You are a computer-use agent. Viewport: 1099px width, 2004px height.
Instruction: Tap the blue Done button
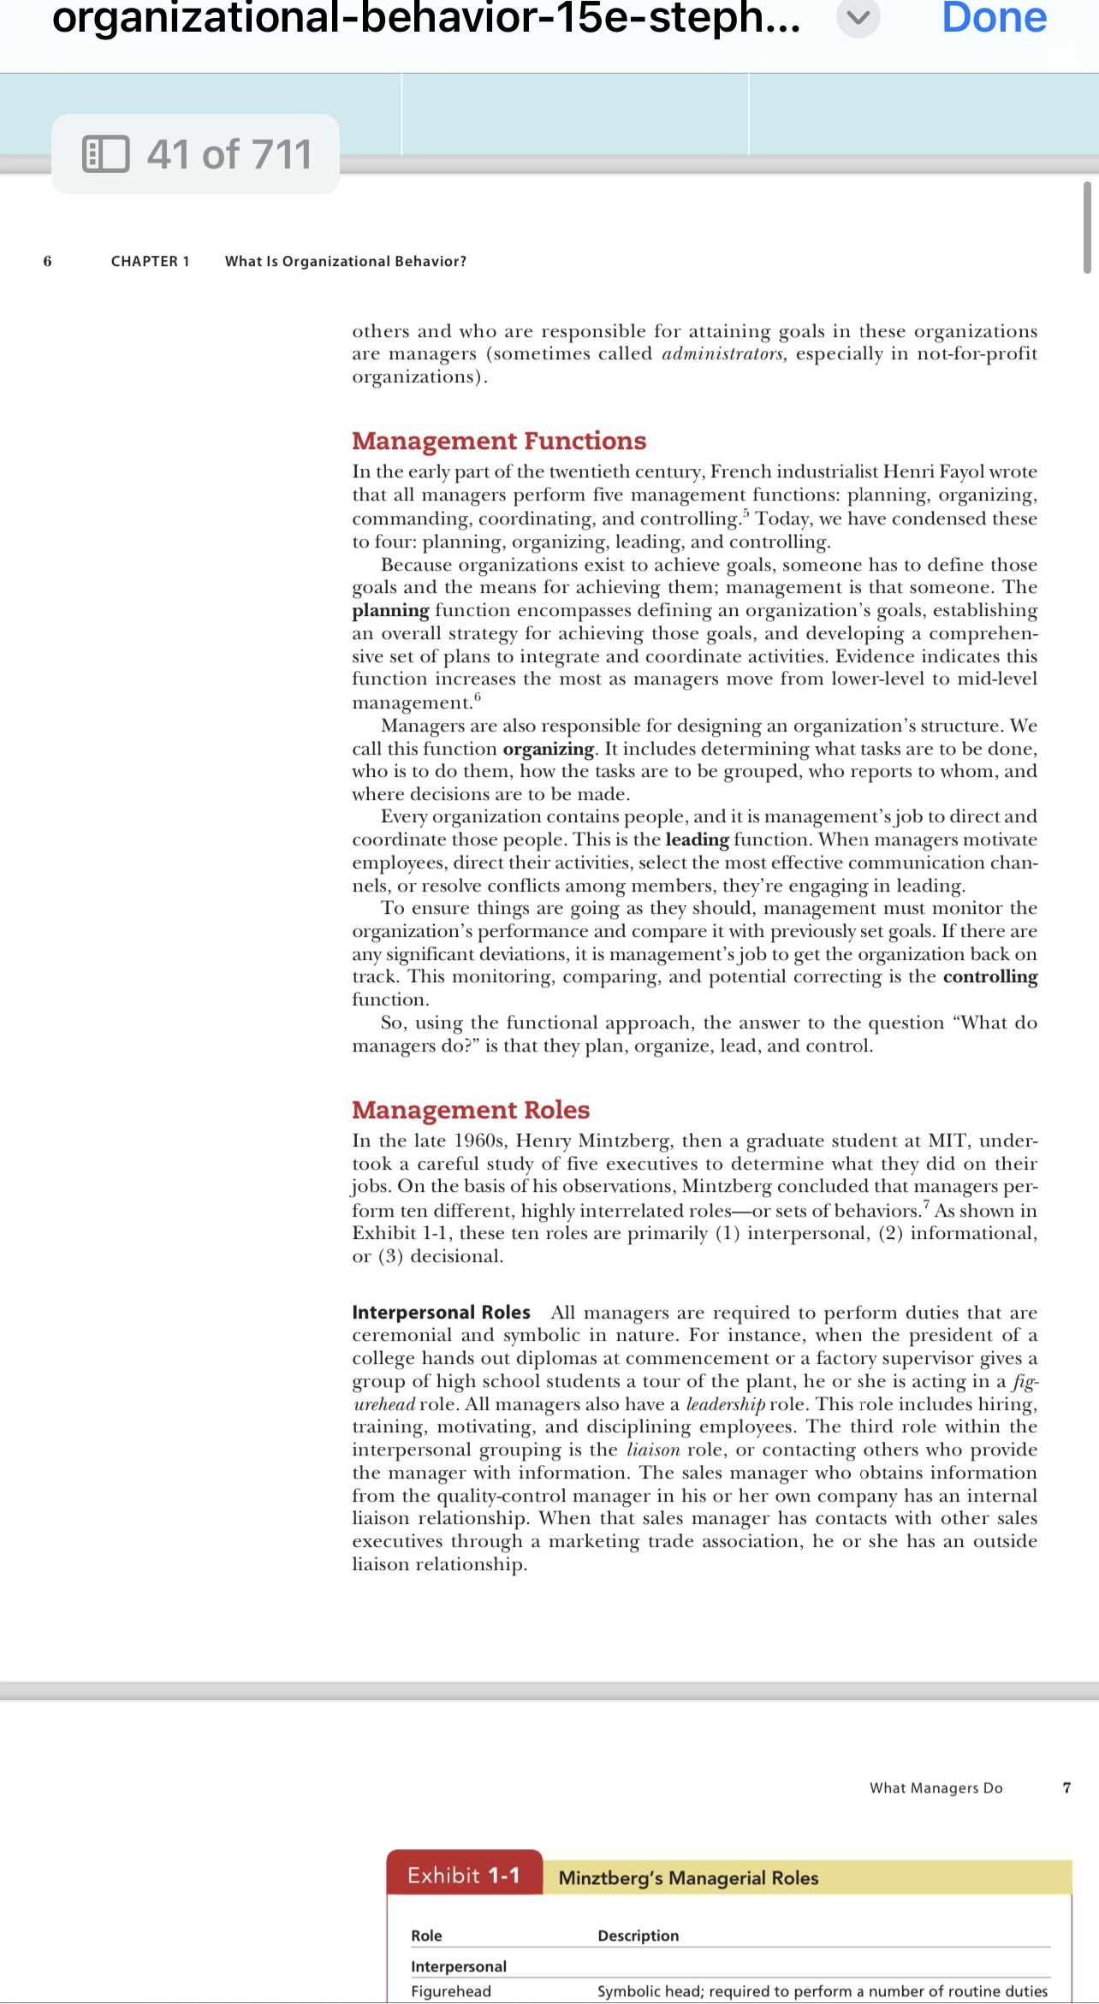click(994, 19)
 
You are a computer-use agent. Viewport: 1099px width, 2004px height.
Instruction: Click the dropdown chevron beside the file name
click(858, 19)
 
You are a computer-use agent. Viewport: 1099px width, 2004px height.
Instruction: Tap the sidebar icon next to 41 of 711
click(106, 154)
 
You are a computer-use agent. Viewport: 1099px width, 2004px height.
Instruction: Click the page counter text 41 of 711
click(229, 154)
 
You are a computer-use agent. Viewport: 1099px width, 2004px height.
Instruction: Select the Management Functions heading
click(499, 441)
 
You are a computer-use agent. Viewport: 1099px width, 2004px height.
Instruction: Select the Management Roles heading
click(471, 1110)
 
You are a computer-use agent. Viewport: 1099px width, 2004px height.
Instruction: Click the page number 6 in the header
click(47, 261)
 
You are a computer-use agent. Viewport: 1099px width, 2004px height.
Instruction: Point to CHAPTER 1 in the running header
click(150, 261)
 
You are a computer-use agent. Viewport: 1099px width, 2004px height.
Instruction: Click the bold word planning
click(390, 610)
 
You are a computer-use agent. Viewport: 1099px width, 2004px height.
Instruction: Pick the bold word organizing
click(548, 749)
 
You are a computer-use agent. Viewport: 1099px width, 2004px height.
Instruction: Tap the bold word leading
click(697, 839)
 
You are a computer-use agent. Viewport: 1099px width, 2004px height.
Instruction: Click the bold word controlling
click(989, 976)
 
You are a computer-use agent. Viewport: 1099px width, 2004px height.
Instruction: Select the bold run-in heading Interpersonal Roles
click(441, 1313)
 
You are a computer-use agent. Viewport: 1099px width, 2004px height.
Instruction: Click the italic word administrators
click(724, 353)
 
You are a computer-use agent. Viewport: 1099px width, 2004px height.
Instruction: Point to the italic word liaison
click(653, 1450)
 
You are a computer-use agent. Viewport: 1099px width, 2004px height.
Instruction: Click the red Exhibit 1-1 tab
click(464, 1876)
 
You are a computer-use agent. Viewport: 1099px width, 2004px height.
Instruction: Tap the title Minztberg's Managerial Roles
click(688, 1878)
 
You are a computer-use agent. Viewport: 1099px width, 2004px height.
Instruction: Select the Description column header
click(638, 1936)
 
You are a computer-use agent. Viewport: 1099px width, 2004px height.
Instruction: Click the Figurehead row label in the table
click(450, 1991)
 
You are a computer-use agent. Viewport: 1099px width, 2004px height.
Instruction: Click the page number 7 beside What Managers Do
click(1066, 1788)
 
